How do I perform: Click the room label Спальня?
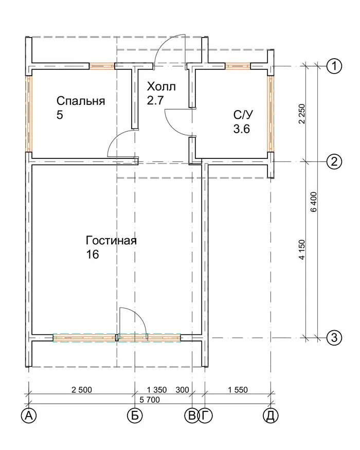point(81,101)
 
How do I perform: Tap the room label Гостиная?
point(111,241)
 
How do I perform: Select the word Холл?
point(161,86)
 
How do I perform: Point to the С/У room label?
point(243,115)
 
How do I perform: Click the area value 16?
point(93,254)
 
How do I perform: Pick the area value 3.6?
point(241,129)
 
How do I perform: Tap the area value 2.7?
point(155,100)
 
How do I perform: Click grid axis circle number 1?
point(334,66)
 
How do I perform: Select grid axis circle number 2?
point(334,161)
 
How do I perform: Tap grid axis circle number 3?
point(334,337)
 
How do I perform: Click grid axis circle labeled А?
point(29,415)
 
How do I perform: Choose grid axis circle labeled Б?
point(135,415)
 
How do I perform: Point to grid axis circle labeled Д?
point(271,415)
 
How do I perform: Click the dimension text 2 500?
point(82,390)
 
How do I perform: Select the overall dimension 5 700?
point(150,400)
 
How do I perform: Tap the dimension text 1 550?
point(238,390)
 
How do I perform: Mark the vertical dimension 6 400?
point(314,202)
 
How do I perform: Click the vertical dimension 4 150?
point(302,249)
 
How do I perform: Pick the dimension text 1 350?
point(157,390)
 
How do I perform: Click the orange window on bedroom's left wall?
point(29,114)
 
